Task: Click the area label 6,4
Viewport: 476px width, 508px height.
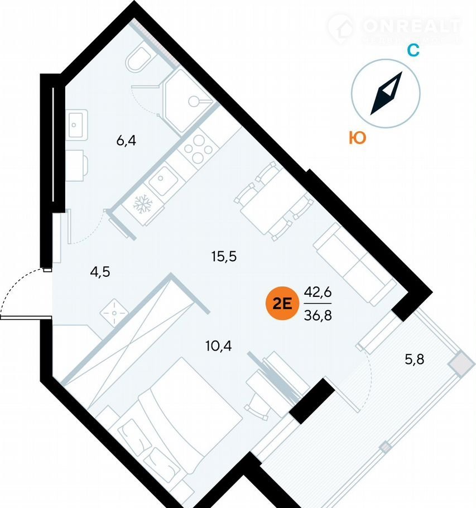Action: coord(126,140)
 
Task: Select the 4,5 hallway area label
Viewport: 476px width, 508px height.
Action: coord(100,272)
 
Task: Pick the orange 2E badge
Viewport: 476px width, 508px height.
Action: coord(281,304)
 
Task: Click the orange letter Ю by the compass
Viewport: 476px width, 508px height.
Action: coord(357,137)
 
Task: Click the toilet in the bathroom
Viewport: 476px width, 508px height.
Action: coord(137,59)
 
